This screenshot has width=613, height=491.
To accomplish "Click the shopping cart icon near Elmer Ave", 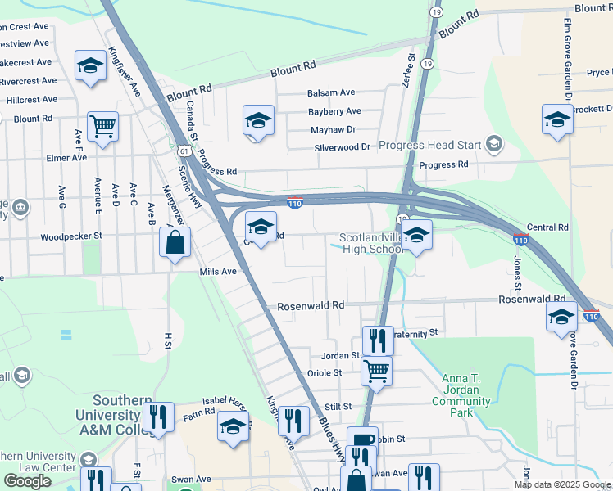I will [103, 125].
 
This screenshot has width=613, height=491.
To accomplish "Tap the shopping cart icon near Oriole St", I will [376, 370].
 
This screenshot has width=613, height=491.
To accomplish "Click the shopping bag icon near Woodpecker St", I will [175, 242].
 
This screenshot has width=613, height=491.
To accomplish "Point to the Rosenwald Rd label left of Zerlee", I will [310, 304].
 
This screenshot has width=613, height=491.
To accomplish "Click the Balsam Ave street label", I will [331, 93].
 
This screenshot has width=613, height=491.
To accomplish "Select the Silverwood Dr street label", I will [343, 147].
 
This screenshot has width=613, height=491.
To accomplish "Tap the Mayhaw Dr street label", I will [334, 129].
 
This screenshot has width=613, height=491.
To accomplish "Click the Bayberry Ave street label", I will [334, 111].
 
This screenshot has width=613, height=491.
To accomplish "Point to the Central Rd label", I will [547, 227].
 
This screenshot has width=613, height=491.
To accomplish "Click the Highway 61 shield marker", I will [183, 151].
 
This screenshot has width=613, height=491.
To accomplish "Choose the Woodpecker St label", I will [70, 236].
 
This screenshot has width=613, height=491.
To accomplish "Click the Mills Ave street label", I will [218, 271].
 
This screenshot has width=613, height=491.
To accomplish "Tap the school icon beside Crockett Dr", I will [557, 119].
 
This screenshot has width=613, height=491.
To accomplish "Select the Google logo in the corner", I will [27, 481].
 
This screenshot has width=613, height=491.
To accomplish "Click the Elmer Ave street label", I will [66, 157].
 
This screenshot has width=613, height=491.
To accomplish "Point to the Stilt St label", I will [337, 406].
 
